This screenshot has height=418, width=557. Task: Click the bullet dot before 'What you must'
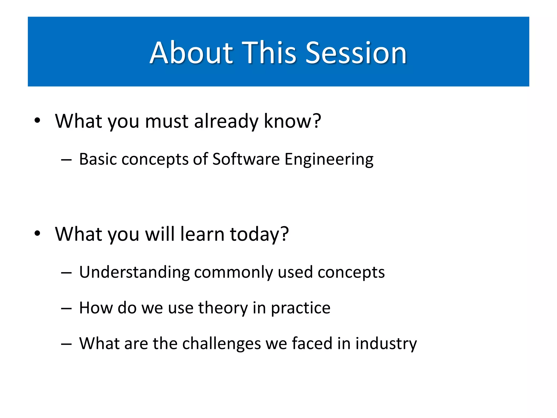coord(37,121)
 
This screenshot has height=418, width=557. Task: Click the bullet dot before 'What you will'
coord(37,233)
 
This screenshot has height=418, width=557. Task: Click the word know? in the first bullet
coord(293,121)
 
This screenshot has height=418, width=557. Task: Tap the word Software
coord(246,159)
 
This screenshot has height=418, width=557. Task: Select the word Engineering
coord(329,159)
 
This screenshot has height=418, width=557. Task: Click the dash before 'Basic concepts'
coord(66,159)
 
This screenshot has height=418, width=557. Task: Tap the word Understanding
coord(135,272)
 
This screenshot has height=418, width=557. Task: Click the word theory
coord(223,308)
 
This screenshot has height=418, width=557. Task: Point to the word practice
coord(301,308)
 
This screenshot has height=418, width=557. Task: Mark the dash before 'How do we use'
coord(66,309)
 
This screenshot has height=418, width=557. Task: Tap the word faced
coord(312,343)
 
